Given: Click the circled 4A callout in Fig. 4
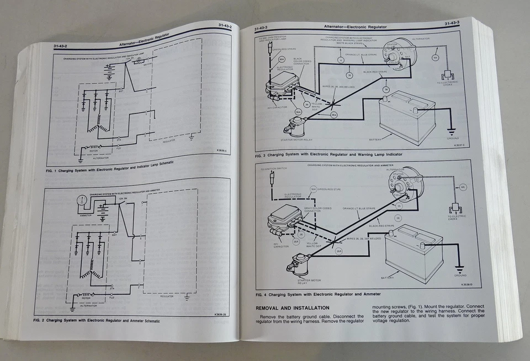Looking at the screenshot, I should click(462, 188).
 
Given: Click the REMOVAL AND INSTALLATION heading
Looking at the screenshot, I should click(292, 308).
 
